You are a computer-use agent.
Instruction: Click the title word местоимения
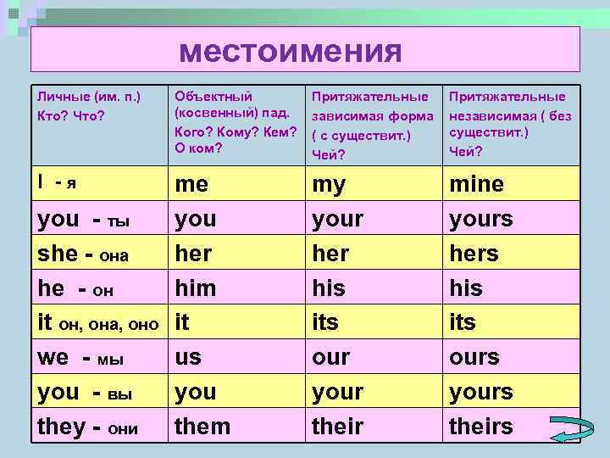(289, 52)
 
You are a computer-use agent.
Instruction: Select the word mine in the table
(476, 184)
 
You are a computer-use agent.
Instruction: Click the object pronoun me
(191, 184)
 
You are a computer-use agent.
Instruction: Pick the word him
(195, 288)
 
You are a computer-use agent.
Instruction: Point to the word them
(202, 426)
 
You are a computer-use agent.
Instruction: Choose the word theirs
(480, 426)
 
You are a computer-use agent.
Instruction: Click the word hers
(474, 254)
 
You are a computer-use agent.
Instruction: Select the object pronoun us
(187, 357)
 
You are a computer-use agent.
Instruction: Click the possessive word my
(328, 184)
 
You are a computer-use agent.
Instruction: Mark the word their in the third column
(337, 426)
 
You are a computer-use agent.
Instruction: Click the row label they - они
(87, 426)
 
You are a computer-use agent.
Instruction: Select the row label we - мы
(80, 357)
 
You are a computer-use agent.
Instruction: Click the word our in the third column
(330, 357)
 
